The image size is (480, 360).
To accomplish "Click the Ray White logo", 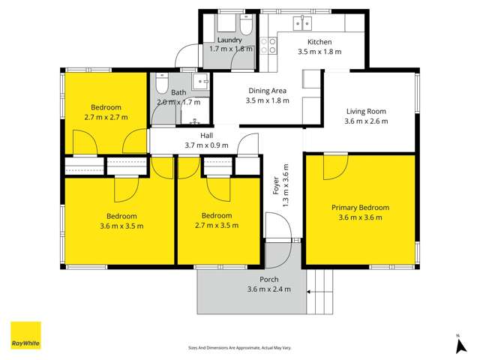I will point(25,335).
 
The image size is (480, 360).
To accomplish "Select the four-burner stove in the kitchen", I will point(268,46).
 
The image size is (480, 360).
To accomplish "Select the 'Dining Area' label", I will point(268,91).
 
